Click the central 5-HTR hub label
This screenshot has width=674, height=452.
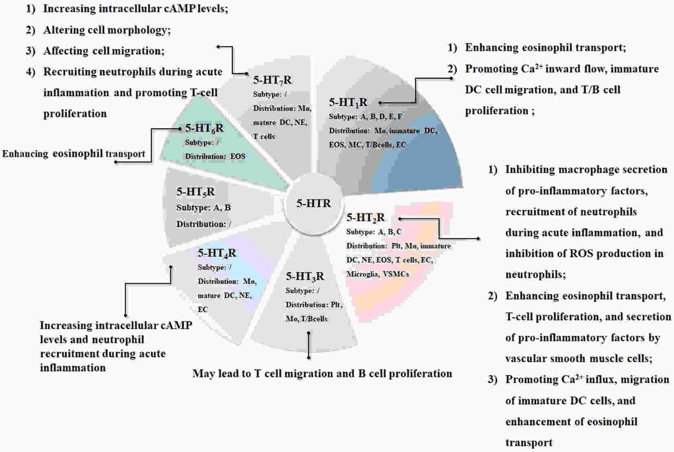(x=313, y=203)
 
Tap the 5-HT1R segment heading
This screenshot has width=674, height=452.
(x=348, y=103)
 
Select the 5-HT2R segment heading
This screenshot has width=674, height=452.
(x=365, y=218)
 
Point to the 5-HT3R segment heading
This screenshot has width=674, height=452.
(x=305, y=276)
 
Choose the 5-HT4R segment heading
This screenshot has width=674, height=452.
(x=217, y=253)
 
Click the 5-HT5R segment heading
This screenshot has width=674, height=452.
(x=196, y=192)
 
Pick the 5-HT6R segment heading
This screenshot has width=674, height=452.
(x=204, y=128)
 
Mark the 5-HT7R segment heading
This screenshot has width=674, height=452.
(x=272, y=80)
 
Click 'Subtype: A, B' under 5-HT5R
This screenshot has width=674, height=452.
(x=203, y=207)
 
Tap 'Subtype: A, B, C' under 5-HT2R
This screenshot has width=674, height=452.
(x=374, y=232)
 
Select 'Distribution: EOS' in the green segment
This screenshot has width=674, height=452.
(x=215, y=157)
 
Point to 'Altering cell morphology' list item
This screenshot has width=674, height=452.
(x=107, y=30)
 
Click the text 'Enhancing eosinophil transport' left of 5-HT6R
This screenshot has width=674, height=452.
(x=73, y=154)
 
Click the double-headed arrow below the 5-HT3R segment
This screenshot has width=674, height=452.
(x=308, y=346)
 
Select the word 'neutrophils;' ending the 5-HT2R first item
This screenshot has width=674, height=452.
(x=535, y=275)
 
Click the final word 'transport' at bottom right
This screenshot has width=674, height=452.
(x=529, y=443)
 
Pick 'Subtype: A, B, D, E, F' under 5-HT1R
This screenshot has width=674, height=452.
(x=365, y=117)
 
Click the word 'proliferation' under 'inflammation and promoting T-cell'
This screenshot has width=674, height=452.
(x=75, y=114)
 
